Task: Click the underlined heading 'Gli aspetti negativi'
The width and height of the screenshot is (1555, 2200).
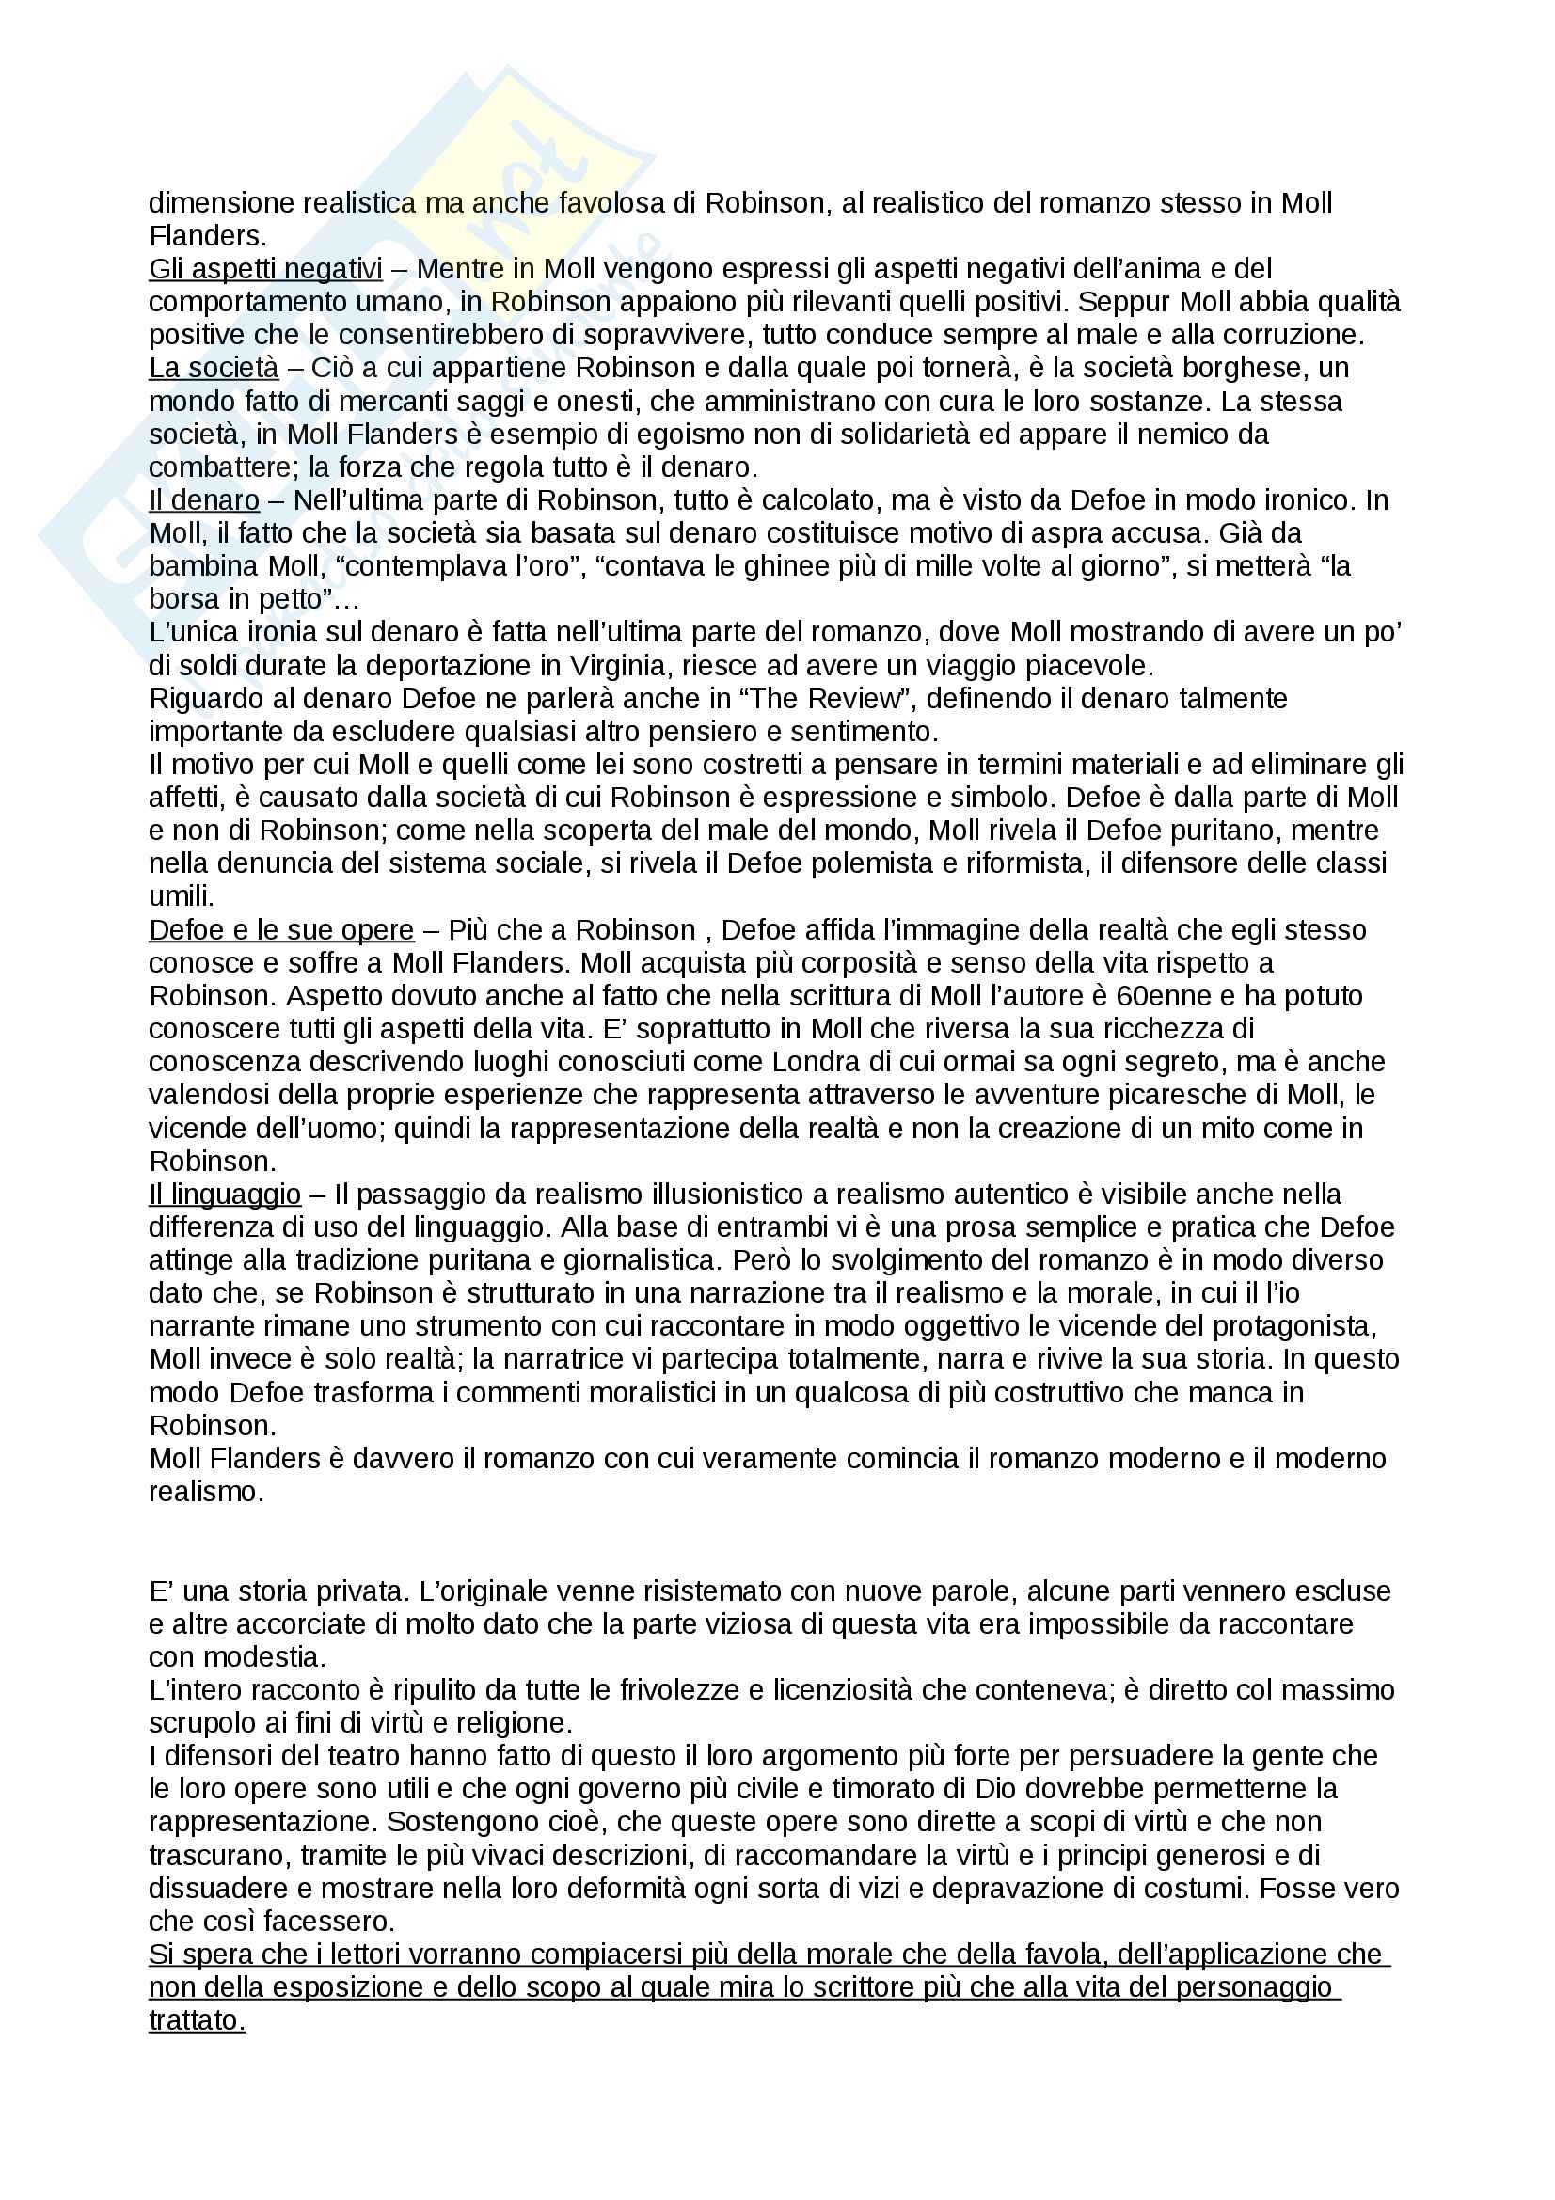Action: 265,269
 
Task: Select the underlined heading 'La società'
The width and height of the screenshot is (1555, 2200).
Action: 214,368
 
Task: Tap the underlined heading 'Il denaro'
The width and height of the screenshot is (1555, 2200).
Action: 204,500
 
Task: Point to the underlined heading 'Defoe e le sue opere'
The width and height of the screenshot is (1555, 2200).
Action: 281,929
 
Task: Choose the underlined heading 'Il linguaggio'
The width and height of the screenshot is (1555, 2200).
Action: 225,1194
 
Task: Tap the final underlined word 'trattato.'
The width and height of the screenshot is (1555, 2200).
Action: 198,2019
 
